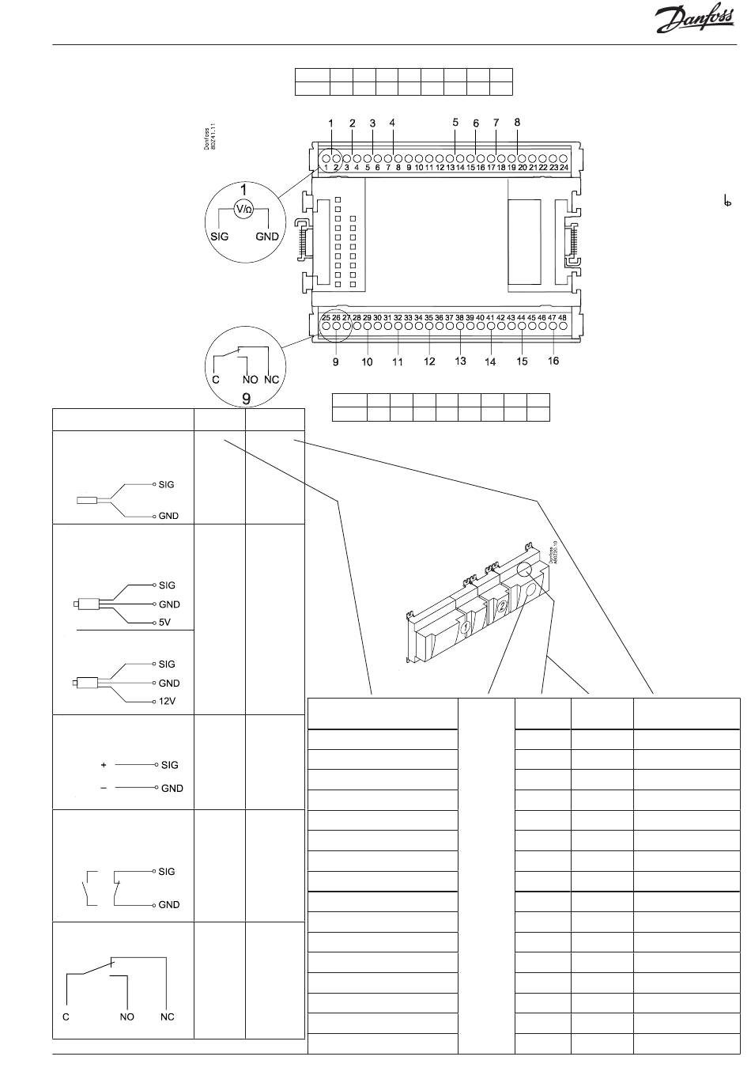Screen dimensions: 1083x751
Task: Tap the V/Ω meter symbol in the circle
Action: click(x=243, y=209)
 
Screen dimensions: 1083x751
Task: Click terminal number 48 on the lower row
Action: click(x=562, y=317)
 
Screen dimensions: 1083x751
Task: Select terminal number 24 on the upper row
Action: click(x=564, y=168)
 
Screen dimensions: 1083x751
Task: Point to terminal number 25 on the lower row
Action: click(x=326, y=317)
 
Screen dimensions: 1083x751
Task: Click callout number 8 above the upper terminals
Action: click(x=517, y=123)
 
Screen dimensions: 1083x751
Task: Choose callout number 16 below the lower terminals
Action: click(x=553, y=361)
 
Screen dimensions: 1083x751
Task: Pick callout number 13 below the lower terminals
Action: click(x=460, y=361)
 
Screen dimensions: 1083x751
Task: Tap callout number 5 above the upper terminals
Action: click(x=455, y=123)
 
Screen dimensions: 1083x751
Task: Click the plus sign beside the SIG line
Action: click(x=104, y=765)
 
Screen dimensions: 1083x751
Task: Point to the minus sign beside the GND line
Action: click(x=104, y=788)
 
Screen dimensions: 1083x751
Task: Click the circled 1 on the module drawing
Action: click(x=466, y=627)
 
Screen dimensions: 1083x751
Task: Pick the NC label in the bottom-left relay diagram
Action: click(x=167, y=1017)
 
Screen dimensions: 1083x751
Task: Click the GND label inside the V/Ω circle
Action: click(x=267, y=237)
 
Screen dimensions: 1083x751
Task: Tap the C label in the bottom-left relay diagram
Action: click(x=66, y=1017)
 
